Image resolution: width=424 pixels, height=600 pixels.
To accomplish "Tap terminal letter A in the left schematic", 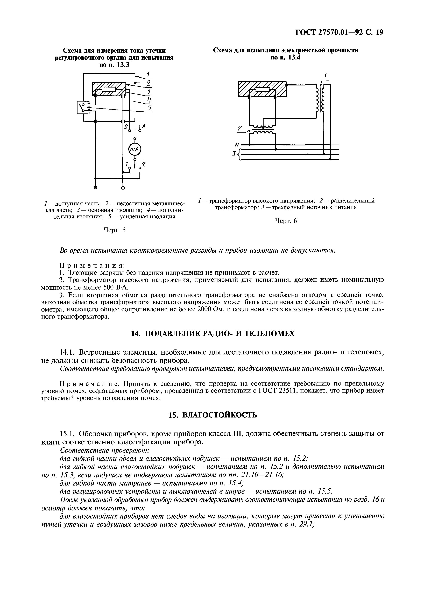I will [144, 126].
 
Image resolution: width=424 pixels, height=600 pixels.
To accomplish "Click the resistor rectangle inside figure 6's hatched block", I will [262, 90].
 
